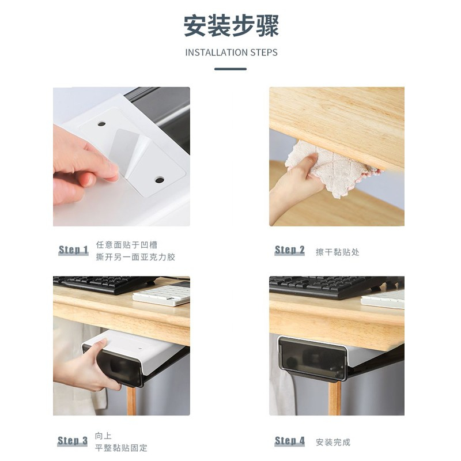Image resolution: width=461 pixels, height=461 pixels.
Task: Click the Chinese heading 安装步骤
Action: click(231, 26)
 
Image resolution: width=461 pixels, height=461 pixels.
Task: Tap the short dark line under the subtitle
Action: click(230, 69)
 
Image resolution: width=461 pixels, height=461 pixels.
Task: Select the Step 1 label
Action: click(74, 250)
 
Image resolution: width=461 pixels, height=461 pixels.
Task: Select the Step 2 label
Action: click(290, 250)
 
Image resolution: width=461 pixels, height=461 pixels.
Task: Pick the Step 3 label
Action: click(73, 441)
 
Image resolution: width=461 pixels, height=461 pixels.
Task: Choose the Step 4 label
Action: click(290, 441)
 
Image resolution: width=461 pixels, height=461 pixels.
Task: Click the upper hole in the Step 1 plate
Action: click(102, 124)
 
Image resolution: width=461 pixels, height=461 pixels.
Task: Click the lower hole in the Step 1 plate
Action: click(160, 180)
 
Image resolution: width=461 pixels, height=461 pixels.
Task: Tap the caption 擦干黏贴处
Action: click(338, 252)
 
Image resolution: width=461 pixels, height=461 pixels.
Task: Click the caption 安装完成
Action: click(333, 442)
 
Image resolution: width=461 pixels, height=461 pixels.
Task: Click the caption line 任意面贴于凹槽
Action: click(127, 244)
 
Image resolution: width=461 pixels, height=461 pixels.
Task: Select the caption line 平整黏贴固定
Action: click(121, 448)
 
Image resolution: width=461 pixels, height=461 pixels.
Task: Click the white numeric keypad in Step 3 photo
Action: click(161, 294)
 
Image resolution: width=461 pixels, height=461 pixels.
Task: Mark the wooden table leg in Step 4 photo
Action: click(334, 398)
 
